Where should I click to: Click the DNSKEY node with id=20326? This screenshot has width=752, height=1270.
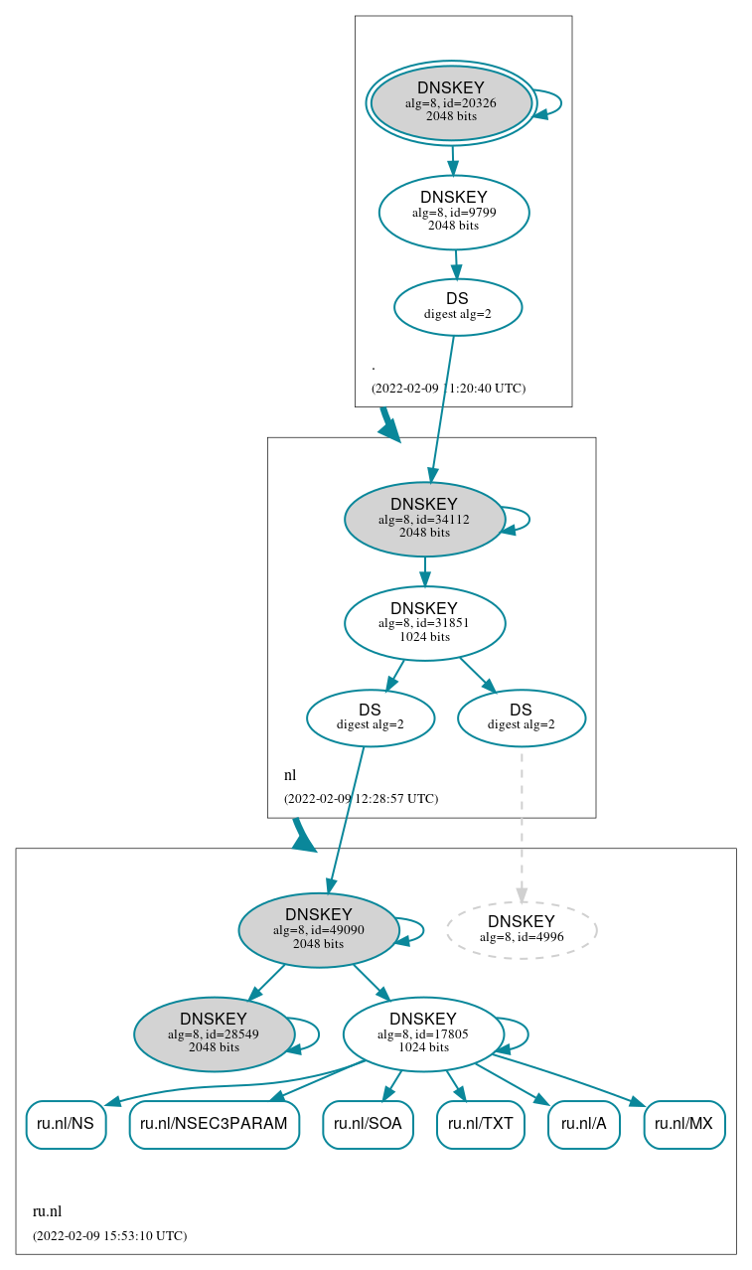(x=451, y=102)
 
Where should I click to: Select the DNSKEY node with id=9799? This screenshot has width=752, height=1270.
(x=454, y=212)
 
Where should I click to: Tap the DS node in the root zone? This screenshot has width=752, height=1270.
(x=458, y=306)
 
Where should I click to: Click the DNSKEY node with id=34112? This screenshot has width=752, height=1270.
(x=424, y=519)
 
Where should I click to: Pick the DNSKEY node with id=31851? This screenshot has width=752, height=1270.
(x=424, y=623)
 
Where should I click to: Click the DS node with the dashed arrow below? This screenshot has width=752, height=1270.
(x=522, y=717)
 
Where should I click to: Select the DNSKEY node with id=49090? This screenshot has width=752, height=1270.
(x=319, y=930)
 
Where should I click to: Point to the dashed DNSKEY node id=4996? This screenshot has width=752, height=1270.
(x=522, y=929)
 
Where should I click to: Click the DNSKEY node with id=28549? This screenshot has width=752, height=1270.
(x=214, y=1033)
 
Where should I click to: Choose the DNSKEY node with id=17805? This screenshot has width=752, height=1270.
(x=423, y=1033)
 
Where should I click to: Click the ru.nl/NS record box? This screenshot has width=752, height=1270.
(x=66, y=1124)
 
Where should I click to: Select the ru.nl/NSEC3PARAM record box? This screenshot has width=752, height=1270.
(x=214, y=1124)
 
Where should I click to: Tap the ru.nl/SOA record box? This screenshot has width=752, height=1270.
(x=368, y=1124)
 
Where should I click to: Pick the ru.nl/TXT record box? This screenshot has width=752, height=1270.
(x=480, y=1124)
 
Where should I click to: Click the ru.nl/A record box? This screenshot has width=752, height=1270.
(x=583, y=1124)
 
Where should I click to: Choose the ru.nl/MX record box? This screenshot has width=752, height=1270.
(x=683, y=1124)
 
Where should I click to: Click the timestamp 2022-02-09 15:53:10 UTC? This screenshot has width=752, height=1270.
(x=109, y=1235)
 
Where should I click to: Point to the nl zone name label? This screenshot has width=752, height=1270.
(x=290, y=775)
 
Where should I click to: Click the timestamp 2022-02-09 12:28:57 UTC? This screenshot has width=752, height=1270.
(x=361, y=798)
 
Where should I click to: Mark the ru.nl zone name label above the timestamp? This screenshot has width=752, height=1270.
(x=48, y=1210)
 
